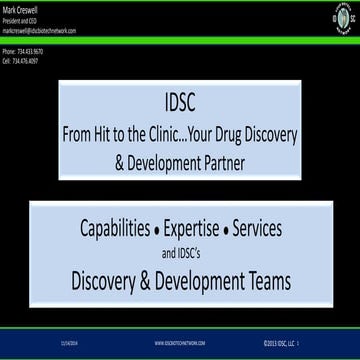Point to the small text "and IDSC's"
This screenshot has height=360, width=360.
coord(181,249)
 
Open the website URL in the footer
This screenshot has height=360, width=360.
coord(180,343)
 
